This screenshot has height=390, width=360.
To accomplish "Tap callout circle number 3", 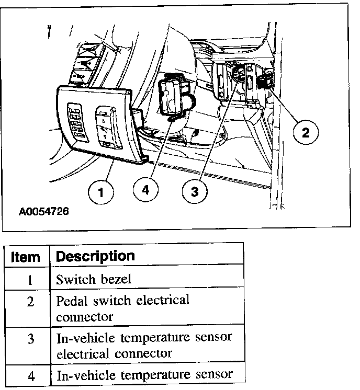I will (x=194, y=192).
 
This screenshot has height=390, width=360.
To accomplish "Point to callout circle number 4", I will (x=145, y=190).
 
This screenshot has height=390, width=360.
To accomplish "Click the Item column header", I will (x=26, y=257).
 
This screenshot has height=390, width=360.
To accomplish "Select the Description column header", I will (x=95, y=256).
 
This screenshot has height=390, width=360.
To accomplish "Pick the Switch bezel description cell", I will (x=94, y=279).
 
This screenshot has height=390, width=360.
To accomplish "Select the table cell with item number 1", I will (x=30, y=279).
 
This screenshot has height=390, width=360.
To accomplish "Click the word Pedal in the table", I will (x=72, y=301).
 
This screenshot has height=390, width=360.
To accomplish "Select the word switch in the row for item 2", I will (x=113, y=301).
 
